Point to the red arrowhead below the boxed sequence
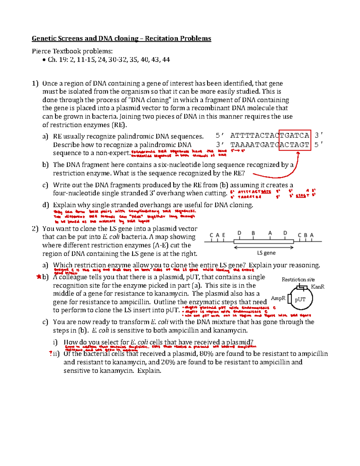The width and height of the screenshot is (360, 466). (298, 154)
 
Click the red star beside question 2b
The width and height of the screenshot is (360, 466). (38, 277)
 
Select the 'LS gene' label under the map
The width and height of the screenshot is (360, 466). (266, 253)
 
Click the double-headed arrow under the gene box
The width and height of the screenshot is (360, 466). (264, 248)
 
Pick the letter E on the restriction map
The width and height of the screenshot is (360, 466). (223, 235)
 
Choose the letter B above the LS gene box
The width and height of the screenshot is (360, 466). (253, 233)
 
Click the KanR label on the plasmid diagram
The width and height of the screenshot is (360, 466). (318, 287)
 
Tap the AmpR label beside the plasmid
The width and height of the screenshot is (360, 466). (278, 298)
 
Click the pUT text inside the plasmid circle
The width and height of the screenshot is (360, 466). (300, 299)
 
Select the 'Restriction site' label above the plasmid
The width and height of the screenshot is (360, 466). (298, 280)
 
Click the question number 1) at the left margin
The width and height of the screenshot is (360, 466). (35, 83)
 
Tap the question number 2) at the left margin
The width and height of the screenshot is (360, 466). (35, 229)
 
